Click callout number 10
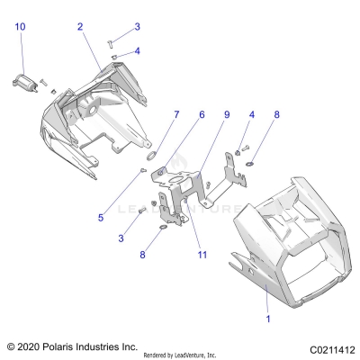20,28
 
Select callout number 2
80,27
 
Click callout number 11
202,255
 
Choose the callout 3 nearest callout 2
137,27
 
